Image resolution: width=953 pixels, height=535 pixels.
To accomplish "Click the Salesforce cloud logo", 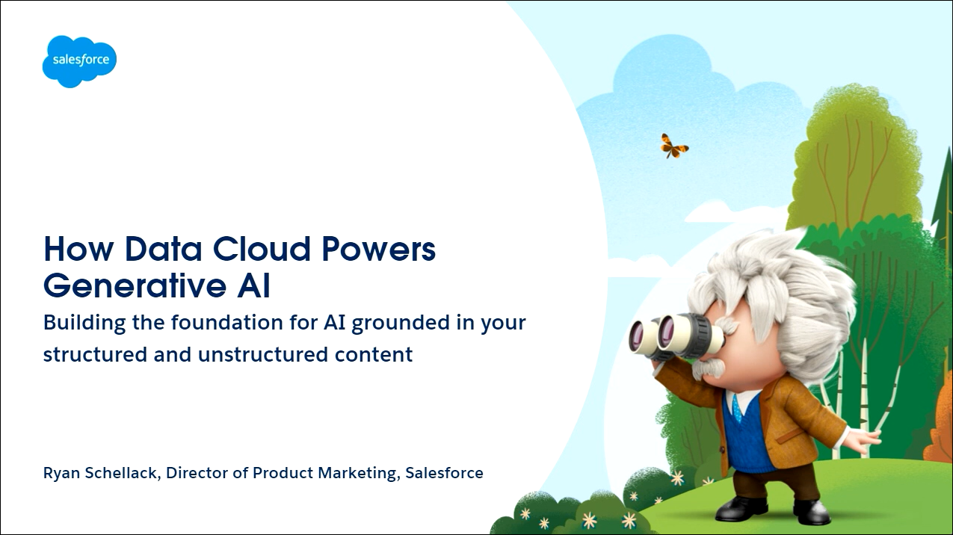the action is tap(79, 61).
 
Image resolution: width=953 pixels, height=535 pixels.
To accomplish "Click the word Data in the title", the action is tap(164, 249).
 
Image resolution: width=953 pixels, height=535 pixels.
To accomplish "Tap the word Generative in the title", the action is tap(135, 285).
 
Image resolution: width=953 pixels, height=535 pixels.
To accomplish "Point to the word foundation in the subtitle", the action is tap(227, 322).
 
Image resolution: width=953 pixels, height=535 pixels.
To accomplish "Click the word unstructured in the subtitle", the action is tap(263, 354).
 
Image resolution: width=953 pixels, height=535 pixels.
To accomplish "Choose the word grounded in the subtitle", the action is tap(401, 323).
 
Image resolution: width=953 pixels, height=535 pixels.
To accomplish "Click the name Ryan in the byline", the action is tap(62, 473).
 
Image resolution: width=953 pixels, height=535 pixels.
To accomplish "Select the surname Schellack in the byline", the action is tap(123, 473).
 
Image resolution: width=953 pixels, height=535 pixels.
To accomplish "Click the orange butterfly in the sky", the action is tap(673, 146).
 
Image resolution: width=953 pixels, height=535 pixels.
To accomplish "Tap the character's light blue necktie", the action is tap(737, 407).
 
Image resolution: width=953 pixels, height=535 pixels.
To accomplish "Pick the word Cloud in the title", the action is tap(262, 249).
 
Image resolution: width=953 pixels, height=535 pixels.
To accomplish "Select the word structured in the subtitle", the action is tap(96, 354).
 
